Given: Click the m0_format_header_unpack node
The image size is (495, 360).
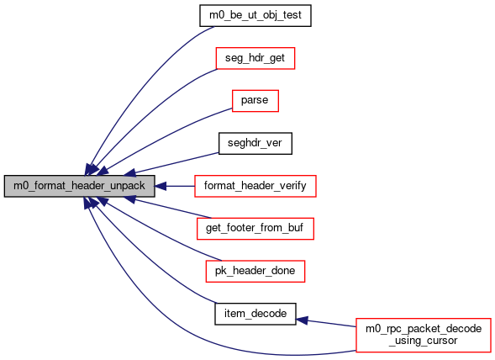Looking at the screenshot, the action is (x=79, y=186).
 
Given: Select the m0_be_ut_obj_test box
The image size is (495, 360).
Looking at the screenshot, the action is (x=255, y=15).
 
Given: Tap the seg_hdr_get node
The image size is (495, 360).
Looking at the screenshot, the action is (x=255, y=58).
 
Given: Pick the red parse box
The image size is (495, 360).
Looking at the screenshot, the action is (x=255, y=101).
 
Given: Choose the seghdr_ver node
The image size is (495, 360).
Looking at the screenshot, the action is (x=255, y=144).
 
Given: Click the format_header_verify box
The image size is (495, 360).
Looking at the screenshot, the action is (x=255, y=186).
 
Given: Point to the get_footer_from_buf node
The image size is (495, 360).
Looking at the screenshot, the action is (x=255, y=229).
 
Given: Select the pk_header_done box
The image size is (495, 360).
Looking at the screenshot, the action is (x=255, y=271).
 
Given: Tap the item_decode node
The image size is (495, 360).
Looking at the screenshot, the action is (x=255, y=314).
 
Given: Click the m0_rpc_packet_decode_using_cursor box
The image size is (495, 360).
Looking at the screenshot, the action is (x=424, y=335).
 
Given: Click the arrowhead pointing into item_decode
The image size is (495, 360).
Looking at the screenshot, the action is (x=302, y=320).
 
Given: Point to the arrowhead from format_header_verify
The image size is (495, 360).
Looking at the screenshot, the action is (x=161, y=186).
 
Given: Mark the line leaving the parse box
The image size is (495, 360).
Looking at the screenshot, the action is (x=164, y=136).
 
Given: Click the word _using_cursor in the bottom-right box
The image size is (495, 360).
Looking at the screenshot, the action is (x=424, y=341).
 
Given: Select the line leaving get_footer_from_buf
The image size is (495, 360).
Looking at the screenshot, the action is (x=173, y=209).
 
